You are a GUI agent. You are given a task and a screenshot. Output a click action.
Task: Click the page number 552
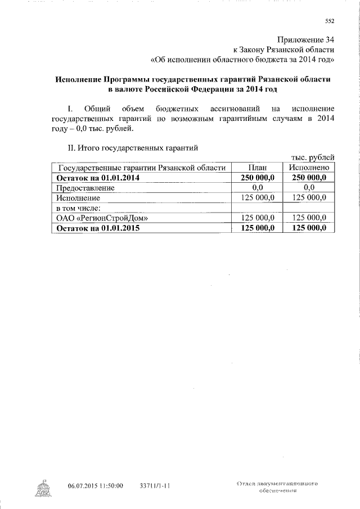coord(330,22)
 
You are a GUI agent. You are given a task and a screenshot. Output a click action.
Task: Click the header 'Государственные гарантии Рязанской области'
coord(142,168)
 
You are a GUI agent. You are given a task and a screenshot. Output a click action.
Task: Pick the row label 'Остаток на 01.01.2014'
coord(97,178)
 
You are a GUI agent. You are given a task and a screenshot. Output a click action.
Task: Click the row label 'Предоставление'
coord(85,188)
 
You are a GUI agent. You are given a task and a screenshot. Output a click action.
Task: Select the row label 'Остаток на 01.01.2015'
coord(97,228)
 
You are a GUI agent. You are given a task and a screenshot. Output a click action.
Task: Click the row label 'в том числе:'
coord(78,208)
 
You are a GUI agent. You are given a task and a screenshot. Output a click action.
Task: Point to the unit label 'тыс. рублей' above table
coord(313,157)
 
